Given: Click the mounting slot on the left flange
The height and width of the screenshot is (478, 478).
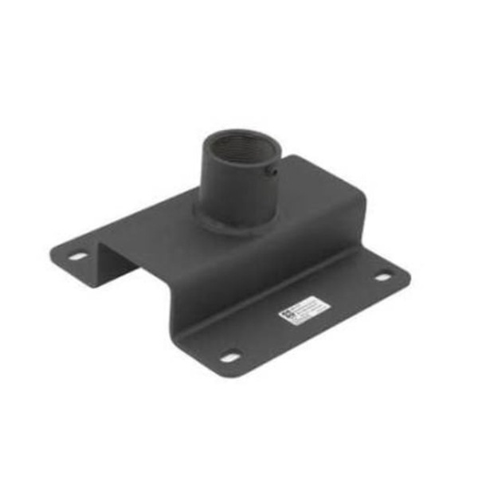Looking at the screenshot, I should pyautogui.click(x=77, y=257).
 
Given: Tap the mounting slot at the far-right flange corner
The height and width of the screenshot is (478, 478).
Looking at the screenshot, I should pyautogui.click(x=383, y=277).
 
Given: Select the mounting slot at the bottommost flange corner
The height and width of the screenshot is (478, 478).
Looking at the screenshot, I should pyautogui.click(x=230, y=357).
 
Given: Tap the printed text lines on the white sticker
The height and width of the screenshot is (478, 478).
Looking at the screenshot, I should pyautogui.click(x=309, y=308).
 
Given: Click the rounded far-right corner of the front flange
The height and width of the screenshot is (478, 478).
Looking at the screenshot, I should pyautogui.click(x=404, y=275).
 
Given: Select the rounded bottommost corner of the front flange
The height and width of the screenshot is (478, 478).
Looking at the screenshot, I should pyautogui.click(x=227, y=373).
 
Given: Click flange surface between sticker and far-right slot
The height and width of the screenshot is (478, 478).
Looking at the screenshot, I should pyautogui.click(x=351, y=291).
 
